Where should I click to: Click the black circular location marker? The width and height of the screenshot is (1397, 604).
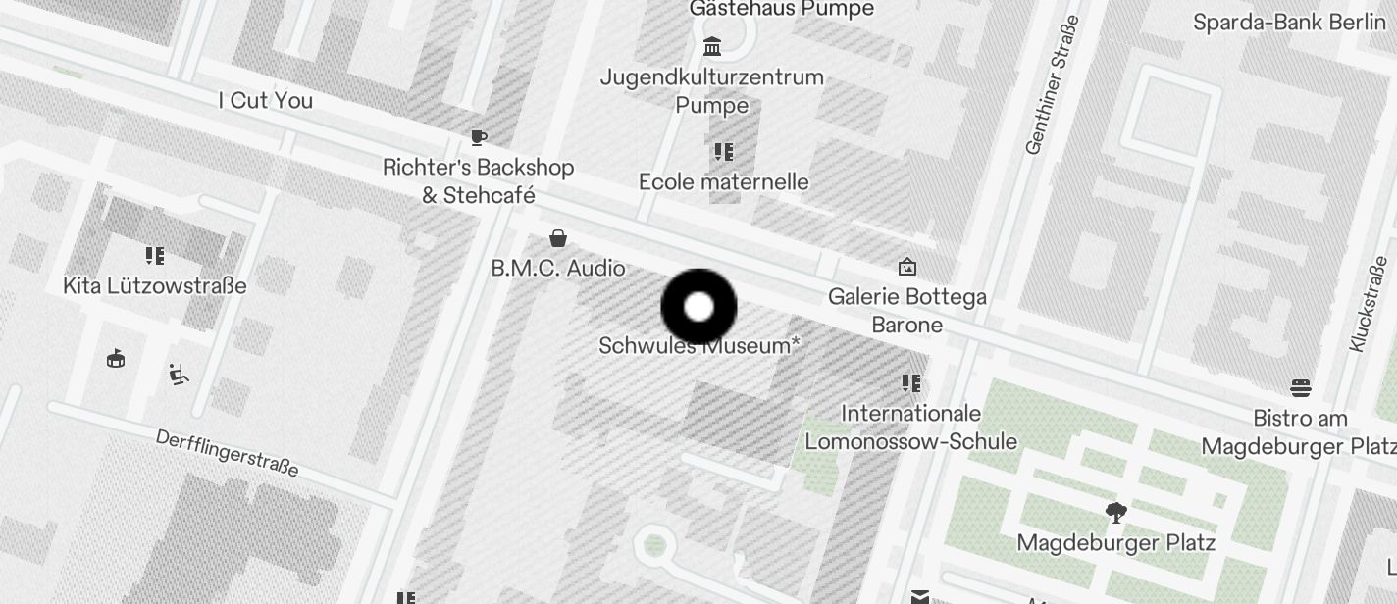click(x=698, y=307)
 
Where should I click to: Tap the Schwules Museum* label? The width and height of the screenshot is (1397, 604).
click(x=698, y=346)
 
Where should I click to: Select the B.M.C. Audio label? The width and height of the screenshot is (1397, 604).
click(x=558, y=268)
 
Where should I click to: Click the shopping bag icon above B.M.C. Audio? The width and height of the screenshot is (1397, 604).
click(x=558, y=238)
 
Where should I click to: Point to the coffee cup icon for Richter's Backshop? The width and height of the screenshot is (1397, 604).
click(x=479, y=138)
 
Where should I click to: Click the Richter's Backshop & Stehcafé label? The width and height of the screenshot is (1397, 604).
click(x=479, y=181)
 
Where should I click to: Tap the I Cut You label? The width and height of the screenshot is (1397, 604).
click(x=265, y=101)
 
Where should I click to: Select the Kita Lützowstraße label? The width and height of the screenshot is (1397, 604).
click(x=155, y=286)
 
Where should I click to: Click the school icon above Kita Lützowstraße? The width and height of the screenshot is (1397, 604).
click(x=154, y=256)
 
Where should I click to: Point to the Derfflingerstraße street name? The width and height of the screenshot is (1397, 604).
click(x=228, y=453)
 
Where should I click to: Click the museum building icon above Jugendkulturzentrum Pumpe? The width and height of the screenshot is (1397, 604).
click(x=712, y=46)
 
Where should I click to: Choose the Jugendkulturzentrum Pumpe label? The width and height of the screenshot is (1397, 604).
click(x=712, y=90)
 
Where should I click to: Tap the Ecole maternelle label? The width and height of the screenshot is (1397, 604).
click(x=724, y=181)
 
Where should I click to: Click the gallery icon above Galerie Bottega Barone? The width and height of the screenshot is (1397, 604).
click(x=907, y=266)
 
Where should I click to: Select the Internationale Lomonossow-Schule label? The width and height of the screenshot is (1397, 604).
click(x=911, y=428)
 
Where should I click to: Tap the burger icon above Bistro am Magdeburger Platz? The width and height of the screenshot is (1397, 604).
click(x=1301, y=388)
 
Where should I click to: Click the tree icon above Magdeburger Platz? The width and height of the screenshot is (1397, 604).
click(x=1115, y=512)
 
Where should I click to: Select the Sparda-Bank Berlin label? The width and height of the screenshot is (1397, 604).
click(x=1289, y=23)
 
